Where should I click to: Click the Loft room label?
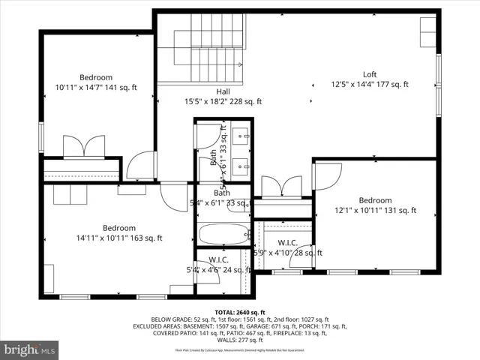369,74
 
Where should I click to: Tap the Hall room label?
223,91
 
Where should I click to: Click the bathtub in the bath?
223,235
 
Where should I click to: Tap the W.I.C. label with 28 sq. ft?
288,243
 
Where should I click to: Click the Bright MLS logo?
30,349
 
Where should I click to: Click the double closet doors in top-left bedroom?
83,147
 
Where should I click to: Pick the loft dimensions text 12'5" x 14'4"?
369,85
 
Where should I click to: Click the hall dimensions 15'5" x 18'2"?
223,102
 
